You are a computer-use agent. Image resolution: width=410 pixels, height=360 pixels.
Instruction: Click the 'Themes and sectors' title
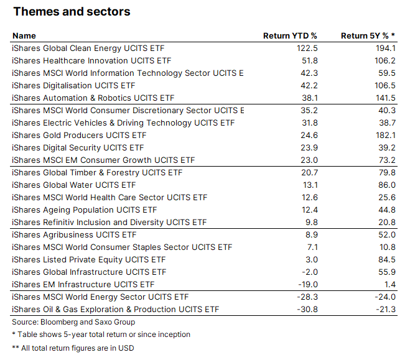(x=72, y=12)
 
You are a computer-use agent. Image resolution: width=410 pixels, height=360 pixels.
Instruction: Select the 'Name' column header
(x=24, y=35)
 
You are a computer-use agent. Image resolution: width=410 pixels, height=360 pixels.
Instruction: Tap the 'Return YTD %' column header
(x=290, y=35)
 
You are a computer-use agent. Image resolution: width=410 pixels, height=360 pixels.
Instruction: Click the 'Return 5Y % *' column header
(x=368, y=35)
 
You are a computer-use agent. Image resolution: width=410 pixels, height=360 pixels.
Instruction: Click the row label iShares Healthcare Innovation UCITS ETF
(x=91, y=60)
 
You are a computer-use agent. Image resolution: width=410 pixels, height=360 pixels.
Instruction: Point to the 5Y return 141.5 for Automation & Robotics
(x=385, y=98)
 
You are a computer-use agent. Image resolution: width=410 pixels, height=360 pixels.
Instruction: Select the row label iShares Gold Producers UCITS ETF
(x=79, y=135)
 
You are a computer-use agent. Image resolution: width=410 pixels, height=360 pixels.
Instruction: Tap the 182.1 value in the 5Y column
(x=385, y=135)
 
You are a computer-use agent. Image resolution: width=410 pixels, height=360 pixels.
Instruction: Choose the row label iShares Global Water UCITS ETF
(x=74, y=185)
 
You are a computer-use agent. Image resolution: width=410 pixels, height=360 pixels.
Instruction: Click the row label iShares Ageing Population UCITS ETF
(x=84, y=210)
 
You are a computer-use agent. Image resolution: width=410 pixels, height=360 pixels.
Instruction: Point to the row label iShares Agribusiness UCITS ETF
(x=74, y=234)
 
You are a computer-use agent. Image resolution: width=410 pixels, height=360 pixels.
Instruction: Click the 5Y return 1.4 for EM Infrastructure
(x=390, y=284)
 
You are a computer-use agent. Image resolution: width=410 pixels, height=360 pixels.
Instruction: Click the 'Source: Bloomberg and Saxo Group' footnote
(x=73, y=322)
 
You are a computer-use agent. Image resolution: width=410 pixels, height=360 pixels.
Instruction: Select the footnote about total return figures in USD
(x=73, y=348)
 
